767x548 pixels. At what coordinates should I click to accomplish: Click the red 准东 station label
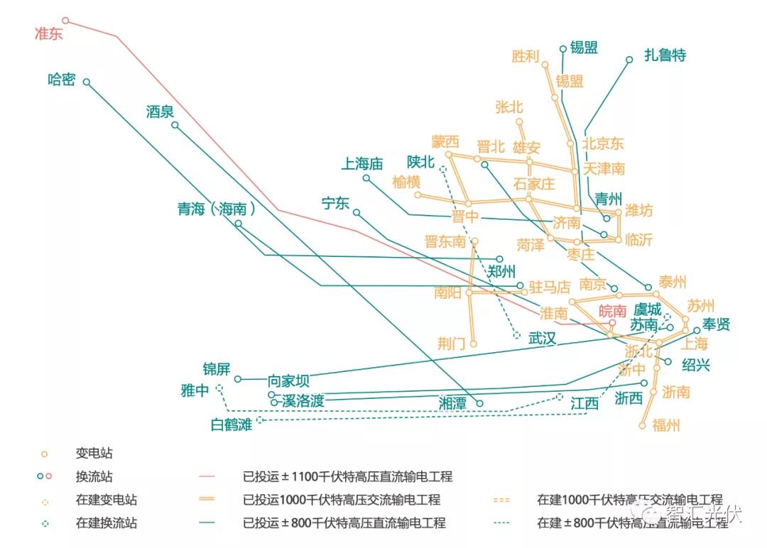(x=48, y=34)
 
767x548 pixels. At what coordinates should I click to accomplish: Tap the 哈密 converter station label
(x=62, y=80)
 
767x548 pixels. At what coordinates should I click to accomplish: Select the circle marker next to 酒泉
(x=175, y=126)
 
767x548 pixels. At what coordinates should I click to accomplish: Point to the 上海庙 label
(x=362, y=164)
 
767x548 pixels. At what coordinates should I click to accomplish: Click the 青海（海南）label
(x=217, y=209)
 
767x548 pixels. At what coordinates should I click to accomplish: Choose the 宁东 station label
(x=336, y=204)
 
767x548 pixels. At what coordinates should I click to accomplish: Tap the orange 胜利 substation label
(x=526, y=56)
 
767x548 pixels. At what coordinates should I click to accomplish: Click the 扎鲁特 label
(x=665, y=55)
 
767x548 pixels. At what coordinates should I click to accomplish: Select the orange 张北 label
(x=509, y=107)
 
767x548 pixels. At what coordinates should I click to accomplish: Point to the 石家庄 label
(x=534, y=183)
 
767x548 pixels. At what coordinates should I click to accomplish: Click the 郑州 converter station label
(x=501, y=271)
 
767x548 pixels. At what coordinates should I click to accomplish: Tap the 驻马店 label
(x=550, y=287)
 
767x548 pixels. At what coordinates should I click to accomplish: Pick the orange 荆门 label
(x=452, y=344)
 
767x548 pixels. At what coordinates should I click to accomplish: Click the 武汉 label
(x=542, y=339)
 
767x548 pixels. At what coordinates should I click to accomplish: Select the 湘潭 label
(x=452, y=403)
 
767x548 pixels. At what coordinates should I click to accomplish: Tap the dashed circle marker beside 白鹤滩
(x=259, y=420)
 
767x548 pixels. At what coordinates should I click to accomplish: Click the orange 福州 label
(x=665, y=425)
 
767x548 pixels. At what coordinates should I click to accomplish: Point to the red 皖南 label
(x=612, y=311)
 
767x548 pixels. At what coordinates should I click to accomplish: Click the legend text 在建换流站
(x=107, y=524)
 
